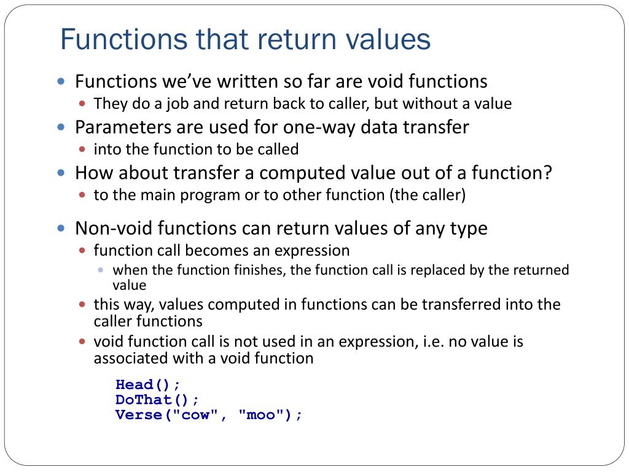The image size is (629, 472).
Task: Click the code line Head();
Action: tap(148, 385)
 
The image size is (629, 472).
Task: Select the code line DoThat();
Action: tap(157, 399)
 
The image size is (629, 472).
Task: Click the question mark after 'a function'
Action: tap(547, 173)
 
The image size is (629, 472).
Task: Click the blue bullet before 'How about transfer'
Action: tap(61, 173)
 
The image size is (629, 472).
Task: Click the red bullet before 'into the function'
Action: tap(84, 149)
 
